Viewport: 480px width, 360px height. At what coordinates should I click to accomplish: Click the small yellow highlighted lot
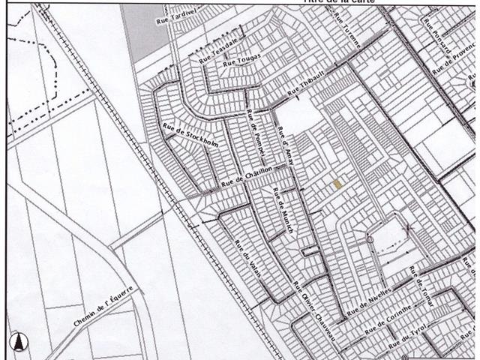tap(338, 184)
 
